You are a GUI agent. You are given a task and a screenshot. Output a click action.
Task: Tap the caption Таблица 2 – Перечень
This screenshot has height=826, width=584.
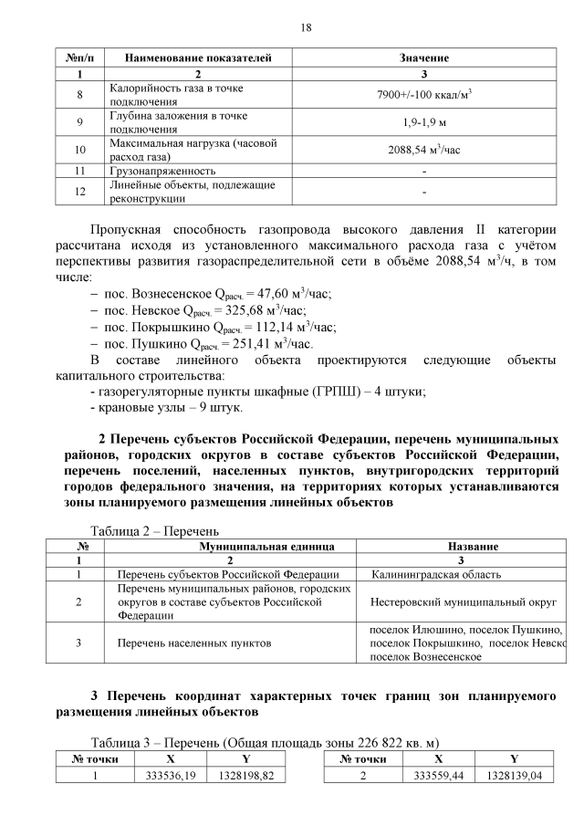point(154,530)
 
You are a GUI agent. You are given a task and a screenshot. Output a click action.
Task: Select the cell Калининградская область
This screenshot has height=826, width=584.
point(436,574)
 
